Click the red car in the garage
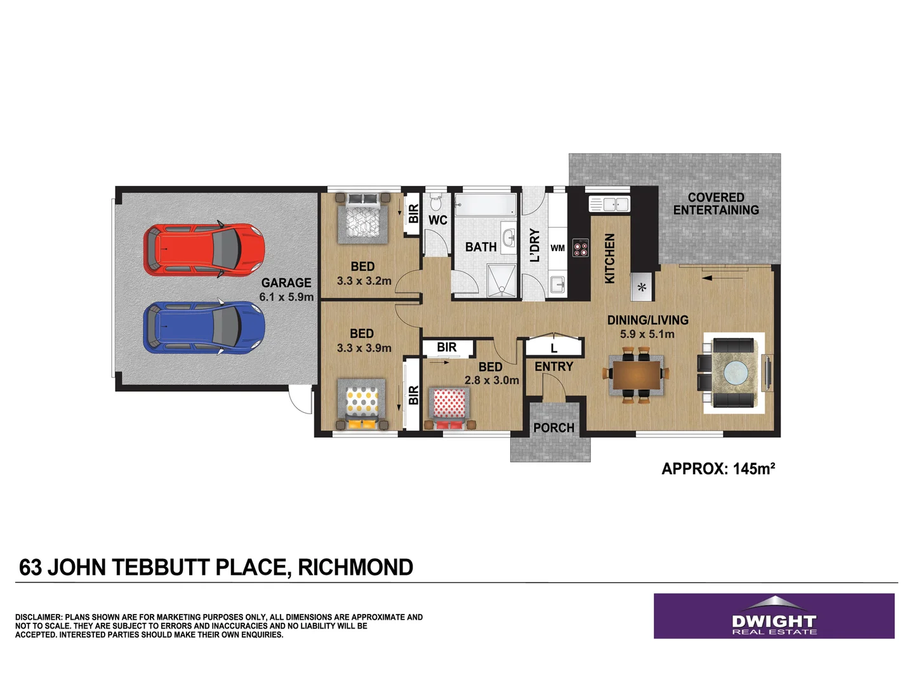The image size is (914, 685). pos(204,250)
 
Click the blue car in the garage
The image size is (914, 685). pos(204,327)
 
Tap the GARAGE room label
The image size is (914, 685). pos(286,283)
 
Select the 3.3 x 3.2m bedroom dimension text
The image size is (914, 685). pos(364,281)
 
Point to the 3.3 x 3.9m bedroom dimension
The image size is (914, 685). pos(364,348)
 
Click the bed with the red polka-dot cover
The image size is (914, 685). pos(449,407)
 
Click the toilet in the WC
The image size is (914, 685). pos(435,202)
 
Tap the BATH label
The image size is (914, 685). pos(480,247)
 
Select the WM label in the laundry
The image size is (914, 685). pos(557,248)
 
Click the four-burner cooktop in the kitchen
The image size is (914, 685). pos(580,248)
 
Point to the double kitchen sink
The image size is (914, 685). pos(609,204)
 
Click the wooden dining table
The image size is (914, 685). pos(637,375)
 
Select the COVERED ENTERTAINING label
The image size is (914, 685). pos(716,204)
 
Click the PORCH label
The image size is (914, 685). pos(553,428)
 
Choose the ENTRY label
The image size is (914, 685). pos(553,367)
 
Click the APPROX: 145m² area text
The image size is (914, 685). pos(718,469)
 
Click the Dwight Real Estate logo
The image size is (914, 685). pos(774,616)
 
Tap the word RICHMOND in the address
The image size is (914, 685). pos(355,567)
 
